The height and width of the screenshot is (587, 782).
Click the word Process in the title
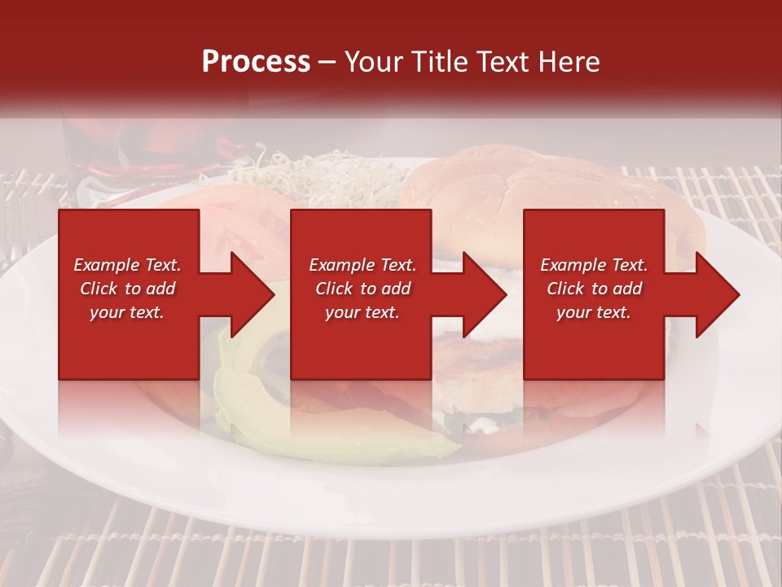coord(256,62)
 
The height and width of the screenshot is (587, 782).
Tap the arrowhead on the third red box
coord(713,294)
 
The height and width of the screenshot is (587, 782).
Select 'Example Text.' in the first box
coord(127,265)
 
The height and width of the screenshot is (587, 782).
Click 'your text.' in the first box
coord(127,312)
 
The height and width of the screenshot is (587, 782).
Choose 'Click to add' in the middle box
coord(362,289)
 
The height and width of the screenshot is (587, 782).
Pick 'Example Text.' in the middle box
coord(362,265)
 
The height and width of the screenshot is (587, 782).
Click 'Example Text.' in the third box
coord(594,265)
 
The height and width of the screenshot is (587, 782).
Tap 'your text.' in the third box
coord(594,312)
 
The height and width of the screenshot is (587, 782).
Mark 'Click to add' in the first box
coord(127,289)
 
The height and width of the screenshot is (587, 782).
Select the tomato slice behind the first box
coord(236,220)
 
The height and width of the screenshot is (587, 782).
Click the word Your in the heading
coord(376,62)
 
